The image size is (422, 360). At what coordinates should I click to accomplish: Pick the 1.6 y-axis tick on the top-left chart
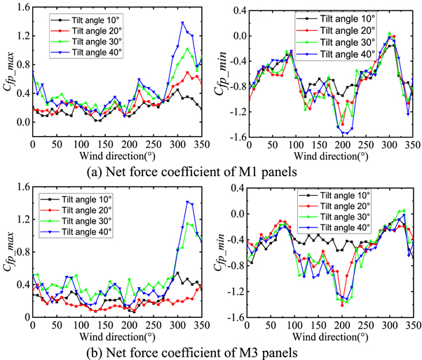pyautogui.click(x=21, y=8)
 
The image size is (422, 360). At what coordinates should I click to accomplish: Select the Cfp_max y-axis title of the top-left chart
pyautogui.click(x=8, y=72)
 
